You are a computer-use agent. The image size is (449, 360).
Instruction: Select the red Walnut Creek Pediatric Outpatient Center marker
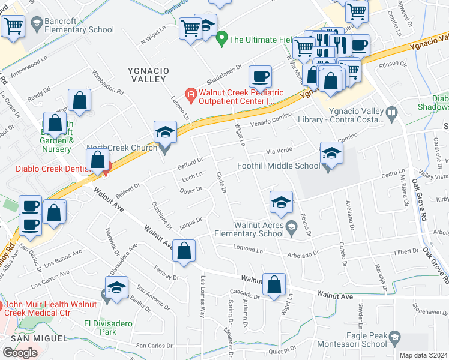point(190,93)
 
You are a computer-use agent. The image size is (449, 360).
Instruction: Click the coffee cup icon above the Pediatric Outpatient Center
point(260,77)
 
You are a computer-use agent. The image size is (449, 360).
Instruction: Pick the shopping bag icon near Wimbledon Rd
point(79,100)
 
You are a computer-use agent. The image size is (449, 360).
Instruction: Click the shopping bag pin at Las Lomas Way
point(185,251)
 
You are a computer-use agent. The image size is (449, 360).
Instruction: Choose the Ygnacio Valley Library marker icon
point(391,112)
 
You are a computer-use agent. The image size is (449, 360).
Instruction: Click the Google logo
point(20,352)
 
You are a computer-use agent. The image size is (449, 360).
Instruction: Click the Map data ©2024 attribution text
point(423,355)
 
